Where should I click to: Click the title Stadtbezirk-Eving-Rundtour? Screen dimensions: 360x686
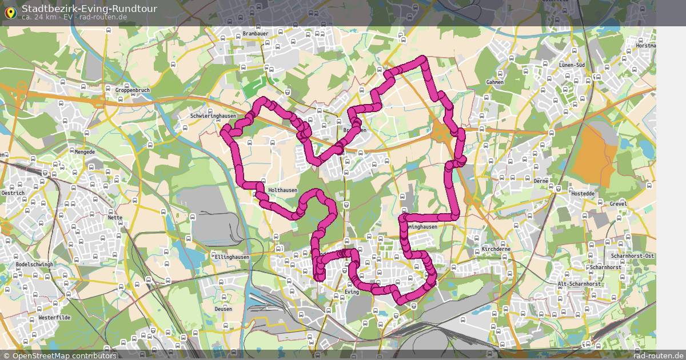click(x=89, y=9)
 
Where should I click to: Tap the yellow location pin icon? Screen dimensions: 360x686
click(x=10, y=11)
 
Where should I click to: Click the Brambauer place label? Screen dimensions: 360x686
click(x=255, y=34)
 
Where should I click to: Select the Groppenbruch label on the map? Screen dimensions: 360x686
click(x=132, y=90)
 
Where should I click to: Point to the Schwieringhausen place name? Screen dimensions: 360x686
click(x=213, y=115)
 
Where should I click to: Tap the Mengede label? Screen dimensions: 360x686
click(x=85, y=152)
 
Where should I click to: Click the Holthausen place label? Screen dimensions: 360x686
click(x=282, y=190)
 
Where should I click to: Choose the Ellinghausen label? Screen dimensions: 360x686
click(x=232, y=257)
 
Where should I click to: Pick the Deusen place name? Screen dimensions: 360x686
click(x=224, y=309)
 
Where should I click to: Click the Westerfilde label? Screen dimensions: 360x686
click(x=54, y=317)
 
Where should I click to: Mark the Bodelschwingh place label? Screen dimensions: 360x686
click(x=34, y=265)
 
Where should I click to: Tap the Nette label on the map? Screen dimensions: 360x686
click(x=115, y=218)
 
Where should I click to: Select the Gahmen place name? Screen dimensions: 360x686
click(x=494, y=82)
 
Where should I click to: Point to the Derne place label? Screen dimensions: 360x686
click(x=541, y=181)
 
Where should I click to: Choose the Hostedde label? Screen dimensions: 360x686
click(x=583, y=194)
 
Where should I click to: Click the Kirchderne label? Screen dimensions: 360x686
click(x=496, y=250)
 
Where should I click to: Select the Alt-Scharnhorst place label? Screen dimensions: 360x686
click(x=579, y=284)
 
